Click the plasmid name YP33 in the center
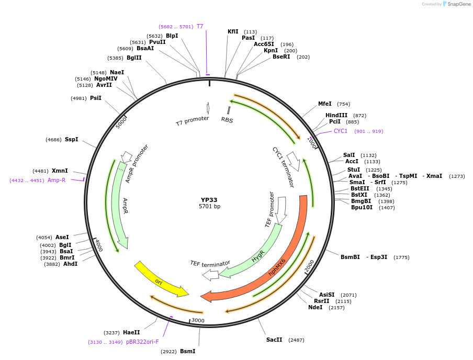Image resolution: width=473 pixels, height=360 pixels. click(209, 200)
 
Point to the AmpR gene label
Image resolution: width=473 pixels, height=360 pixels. click(125, 206)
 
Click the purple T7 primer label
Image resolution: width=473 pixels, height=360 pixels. click(200, 26)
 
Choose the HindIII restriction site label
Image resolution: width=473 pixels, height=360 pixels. click(336, 116)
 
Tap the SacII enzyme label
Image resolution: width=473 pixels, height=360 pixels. click(274, 340)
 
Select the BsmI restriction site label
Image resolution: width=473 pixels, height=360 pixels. click(187, 351)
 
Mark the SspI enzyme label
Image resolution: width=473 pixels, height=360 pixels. click(71, 140)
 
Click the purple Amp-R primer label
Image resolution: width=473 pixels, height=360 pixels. click(57, 180)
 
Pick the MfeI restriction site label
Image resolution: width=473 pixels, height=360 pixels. click(325, 104)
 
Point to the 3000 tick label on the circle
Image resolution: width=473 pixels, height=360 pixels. click(197, 320)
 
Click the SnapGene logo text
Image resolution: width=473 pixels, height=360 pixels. click(459, 4)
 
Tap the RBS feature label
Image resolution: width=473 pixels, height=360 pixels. click(227, 120)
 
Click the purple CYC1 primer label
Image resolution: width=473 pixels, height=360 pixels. click(341, 131)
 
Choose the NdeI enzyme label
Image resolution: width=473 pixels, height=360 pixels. click(316, 308)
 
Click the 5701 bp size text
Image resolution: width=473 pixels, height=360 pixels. click(209, 207)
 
